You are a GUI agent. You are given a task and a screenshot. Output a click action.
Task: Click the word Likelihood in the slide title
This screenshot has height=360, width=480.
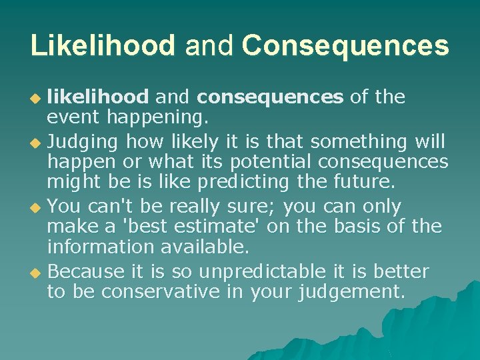coord(103,45)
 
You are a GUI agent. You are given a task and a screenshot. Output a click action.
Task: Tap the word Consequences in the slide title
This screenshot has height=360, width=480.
coord(345,45)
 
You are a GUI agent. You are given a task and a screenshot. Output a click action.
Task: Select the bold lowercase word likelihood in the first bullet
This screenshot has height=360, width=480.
coord(97,97)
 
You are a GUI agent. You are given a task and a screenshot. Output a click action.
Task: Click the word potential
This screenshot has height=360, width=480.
coord(271,162)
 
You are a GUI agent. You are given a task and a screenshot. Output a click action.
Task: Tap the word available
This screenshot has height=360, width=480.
coord(204,247)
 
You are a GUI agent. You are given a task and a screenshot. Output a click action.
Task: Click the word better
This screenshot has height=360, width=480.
coord(401,272)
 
